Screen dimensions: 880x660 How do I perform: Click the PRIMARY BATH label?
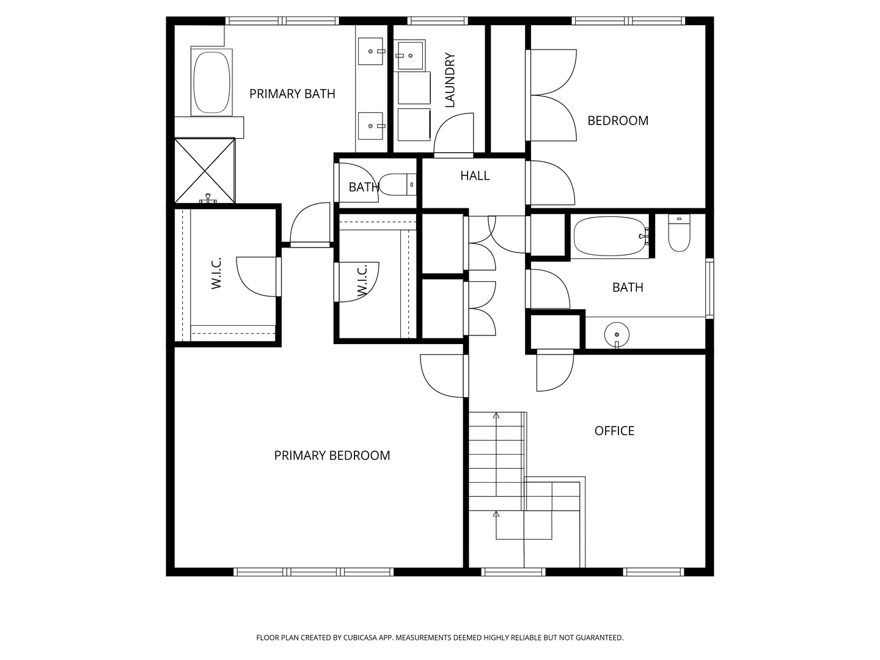(x=292, y=94)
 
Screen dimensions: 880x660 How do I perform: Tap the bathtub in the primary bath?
(x=211, y=82)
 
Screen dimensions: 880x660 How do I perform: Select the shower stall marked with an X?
(x=205, y=170)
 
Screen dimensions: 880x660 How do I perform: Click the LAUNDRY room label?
(x=450, y=80)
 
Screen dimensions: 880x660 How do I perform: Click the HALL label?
(x=475, y=175)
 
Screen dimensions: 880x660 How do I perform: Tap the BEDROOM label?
(x=618, y=120)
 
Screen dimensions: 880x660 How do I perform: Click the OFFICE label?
(x=614, y=431)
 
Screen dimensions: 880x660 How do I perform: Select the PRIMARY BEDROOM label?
(x=332, y=455)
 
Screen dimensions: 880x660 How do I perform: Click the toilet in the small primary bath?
(x=397, y=185)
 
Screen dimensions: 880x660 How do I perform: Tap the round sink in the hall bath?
(x=617, y=334)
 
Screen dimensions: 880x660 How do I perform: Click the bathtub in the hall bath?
(x=610, y=236)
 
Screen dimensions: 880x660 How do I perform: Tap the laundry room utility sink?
(x=409, y=55)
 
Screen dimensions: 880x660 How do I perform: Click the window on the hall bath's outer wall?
(x=710, y=288)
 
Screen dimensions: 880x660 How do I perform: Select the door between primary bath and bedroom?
(x=310, y=224)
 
